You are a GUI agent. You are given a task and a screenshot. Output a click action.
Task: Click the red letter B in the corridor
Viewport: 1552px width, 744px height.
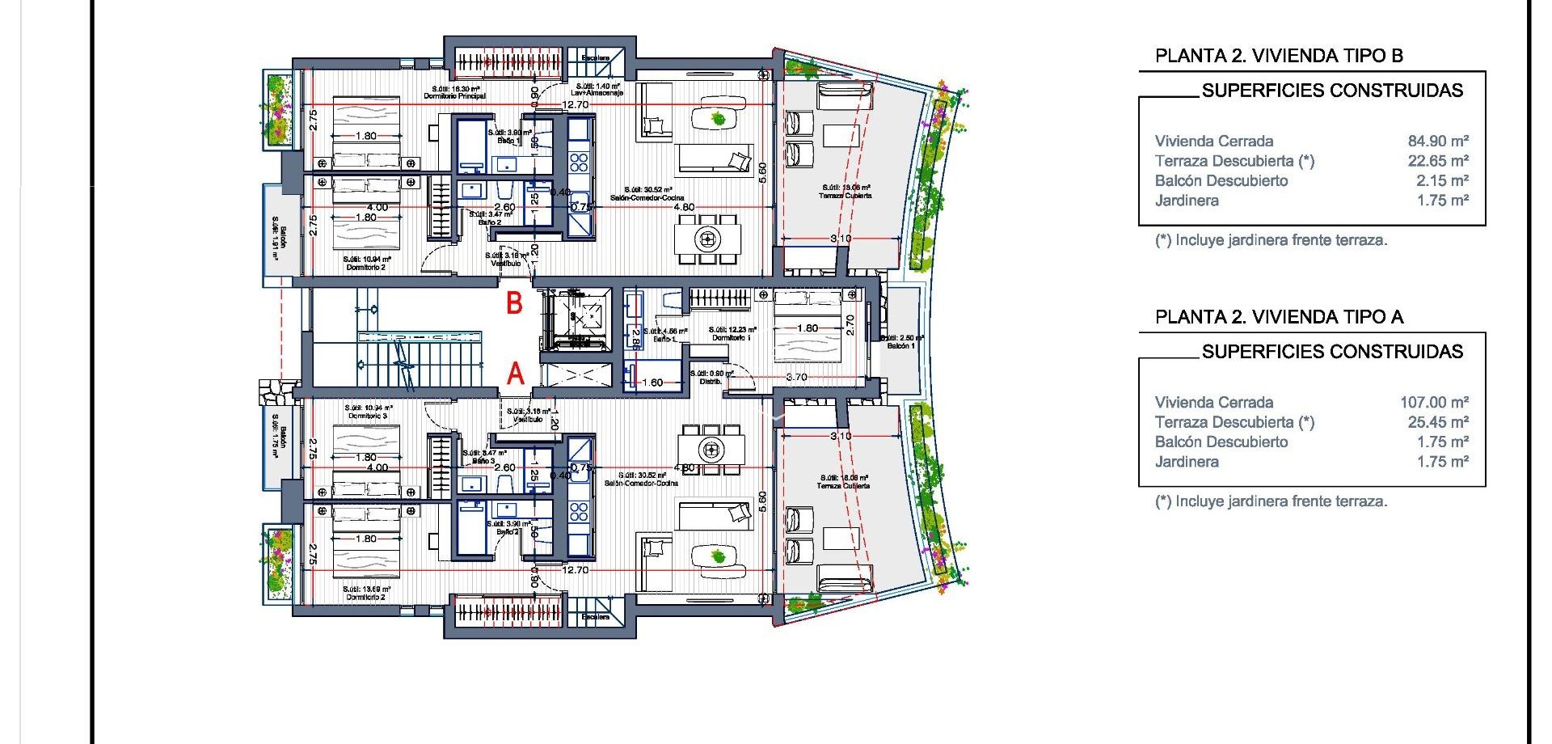(514, 303)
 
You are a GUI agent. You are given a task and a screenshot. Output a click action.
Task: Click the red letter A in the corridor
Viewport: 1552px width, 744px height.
(515, 374)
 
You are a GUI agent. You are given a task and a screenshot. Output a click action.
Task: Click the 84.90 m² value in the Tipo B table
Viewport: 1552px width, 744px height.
(1437, 142)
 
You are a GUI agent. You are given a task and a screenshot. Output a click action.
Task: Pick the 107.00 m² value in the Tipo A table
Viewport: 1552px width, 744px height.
(1433, 403)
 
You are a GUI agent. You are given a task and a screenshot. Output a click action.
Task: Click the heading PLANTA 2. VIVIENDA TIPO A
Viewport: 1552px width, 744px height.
(1279, 317)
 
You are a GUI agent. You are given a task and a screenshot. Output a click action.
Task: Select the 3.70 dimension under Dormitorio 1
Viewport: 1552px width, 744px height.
(796, 377)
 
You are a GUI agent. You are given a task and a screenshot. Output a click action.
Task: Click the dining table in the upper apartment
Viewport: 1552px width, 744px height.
(708, 239)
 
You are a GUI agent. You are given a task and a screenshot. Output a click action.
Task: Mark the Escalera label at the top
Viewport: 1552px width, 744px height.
(596, 58)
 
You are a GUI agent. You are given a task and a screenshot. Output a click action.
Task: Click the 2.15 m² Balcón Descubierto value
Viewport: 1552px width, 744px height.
(1441, 181)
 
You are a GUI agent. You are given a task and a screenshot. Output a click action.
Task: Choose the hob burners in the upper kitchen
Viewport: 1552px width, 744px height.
(579, 162)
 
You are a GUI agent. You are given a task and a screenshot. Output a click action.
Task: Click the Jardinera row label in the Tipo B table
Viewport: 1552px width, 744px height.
(1187, 201)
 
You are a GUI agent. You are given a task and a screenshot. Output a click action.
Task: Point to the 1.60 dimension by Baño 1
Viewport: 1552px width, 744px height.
(652, 383)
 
